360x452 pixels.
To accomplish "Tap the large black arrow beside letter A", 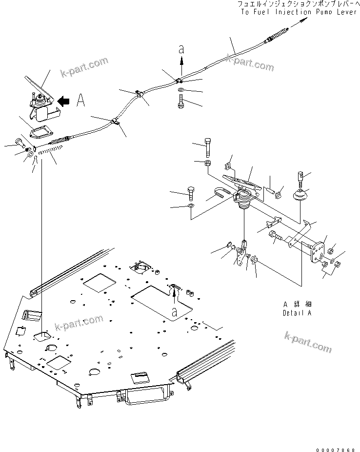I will pos(64,101).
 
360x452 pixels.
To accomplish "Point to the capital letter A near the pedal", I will pos(81,101).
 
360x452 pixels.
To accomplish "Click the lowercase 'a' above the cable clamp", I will pos(181,49).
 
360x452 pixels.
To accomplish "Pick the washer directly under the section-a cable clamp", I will pos(181,91).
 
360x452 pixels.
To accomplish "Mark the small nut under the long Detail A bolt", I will pos(207,162).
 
